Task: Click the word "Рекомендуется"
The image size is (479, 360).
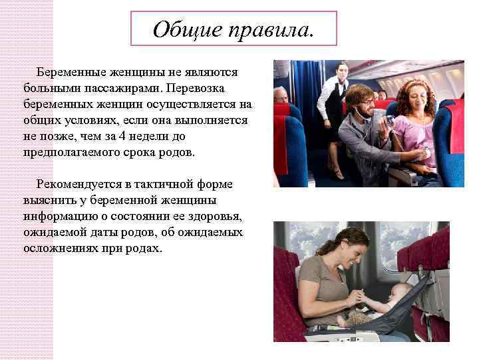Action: pyautogui.click(x=79, y=183)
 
